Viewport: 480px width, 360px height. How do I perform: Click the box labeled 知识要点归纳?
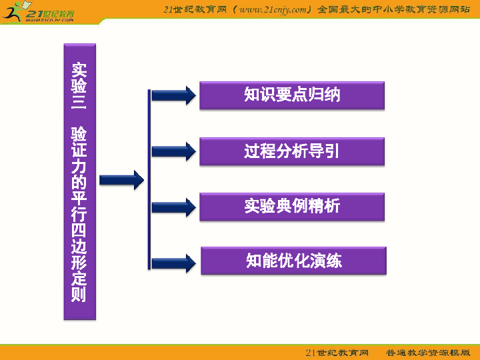point(292,95)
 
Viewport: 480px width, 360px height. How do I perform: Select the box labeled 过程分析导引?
point(292,151)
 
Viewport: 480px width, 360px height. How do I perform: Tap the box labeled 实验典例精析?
point(292,207)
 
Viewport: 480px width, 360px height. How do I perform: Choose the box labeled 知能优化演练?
point(293,261)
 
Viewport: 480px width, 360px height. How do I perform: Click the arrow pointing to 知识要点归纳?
point(173,95)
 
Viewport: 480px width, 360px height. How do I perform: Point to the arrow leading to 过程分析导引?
point(173,151)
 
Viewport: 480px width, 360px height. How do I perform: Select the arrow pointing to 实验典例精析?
point(173,207)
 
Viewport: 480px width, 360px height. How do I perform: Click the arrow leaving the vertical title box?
point(121,180)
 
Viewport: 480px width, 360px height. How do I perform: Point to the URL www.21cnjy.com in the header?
point(274,9)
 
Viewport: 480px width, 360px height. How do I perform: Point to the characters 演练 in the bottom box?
point(326,261)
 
